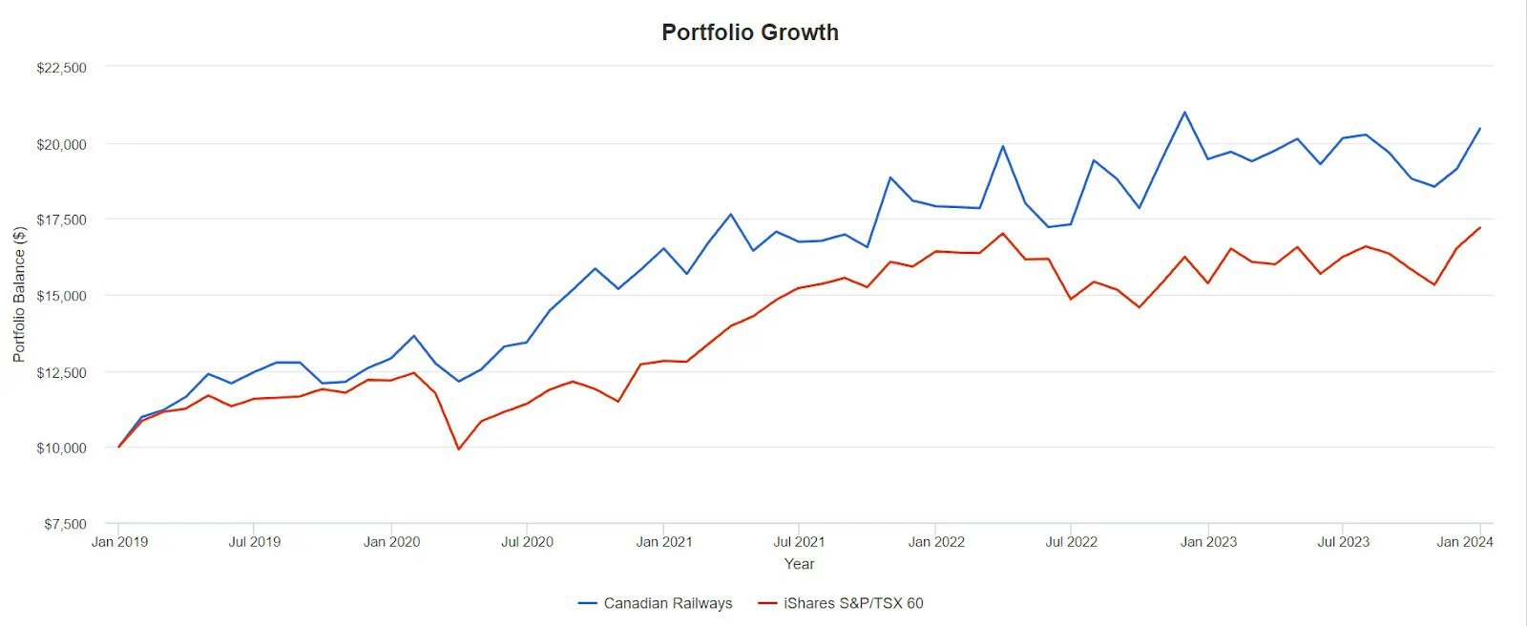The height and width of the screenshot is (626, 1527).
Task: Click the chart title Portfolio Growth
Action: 750,32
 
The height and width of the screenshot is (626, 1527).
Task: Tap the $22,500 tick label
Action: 61,68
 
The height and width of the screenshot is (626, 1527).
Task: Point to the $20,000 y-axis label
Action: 61,144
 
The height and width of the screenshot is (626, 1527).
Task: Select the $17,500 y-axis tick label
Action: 61,219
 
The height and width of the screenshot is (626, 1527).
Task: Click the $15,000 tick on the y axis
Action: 61,296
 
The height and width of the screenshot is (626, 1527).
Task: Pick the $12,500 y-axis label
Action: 61,372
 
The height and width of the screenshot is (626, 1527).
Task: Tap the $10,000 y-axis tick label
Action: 61,448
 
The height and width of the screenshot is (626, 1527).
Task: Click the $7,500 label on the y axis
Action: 65,524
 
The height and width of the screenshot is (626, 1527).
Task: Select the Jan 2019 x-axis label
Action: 119,542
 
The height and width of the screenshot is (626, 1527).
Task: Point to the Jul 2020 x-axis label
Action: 527,542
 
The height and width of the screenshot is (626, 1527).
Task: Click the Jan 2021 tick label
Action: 663,542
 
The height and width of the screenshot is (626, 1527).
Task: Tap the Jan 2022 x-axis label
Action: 936,542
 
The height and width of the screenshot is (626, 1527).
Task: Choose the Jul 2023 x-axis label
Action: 1343,542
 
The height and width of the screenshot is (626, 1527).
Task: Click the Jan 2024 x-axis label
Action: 1465,542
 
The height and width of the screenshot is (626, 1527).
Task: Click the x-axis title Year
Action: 800,564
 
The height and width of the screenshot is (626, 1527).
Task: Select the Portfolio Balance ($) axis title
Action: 19,294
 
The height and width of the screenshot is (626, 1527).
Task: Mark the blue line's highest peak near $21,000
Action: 1184,112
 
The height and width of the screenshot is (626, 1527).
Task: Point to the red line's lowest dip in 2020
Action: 458,449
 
